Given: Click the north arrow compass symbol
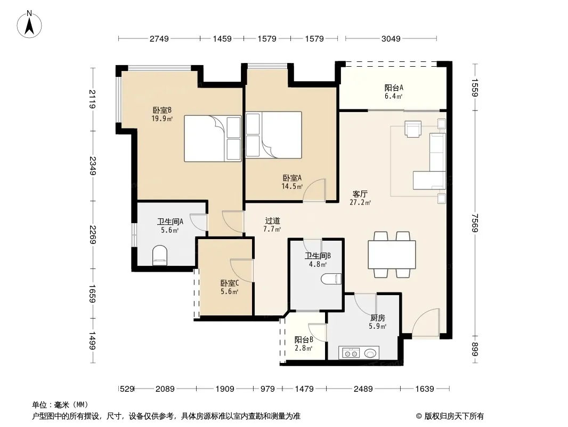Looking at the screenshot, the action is tap(29, 25).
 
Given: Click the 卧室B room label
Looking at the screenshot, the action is tap(162, 110).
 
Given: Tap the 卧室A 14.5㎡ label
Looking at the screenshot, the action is tap(292, 182).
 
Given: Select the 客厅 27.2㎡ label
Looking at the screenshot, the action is tap(360, 198).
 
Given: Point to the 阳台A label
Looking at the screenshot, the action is tap(394, 88).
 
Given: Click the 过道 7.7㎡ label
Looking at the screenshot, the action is tap(272, 225).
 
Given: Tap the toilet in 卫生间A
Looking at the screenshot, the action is tap(160, 254).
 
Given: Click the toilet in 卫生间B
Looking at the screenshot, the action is tap(331, 279).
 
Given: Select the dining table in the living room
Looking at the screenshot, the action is tap(392, 254).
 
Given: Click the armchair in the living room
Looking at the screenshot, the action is tap(413, 129).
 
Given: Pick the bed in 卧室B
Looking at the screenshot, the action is tap(213, 138).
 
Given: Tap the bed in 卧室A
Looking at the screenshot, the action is tap(273, 135).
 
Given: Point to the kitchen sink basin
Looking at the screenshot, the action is tap(370, 353).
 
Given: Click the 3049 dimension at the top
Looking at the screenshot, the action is tap(391, 38).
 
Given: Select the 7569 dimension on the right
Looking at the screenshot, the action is tap(475, 223).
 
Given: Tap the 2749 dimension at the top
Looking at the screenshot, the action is tap(159, 38).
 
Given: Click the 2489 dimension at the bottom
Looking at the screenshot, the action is tap(363, 389).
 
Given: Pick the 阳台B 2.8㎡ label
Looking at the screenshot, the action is tap(304, 344).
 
